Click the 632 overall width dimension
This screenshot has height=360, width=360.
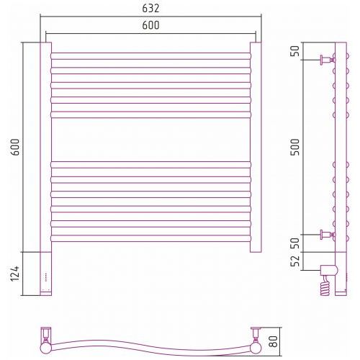click(150, 9)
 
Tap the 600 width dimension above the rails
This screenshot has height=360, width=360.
click(150, 25)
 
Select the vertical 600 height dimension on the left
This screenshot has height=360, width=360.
click(15, 147)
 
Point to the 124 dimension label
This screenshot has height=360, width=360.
click(15, 274)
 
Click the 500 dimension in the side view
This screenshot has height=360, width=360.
click(295, 147)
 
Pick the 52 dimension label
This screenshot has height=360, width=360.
click(295, 261)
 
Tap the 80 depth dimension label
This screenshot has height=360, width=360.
click(274, 341)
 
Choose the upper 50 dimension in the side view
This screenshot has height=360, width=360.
click(295, 51)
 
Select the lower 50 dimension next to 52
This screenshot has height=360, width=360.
click(295, 243)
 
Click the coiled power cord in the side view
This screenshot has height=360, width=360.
click(325, 286)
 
